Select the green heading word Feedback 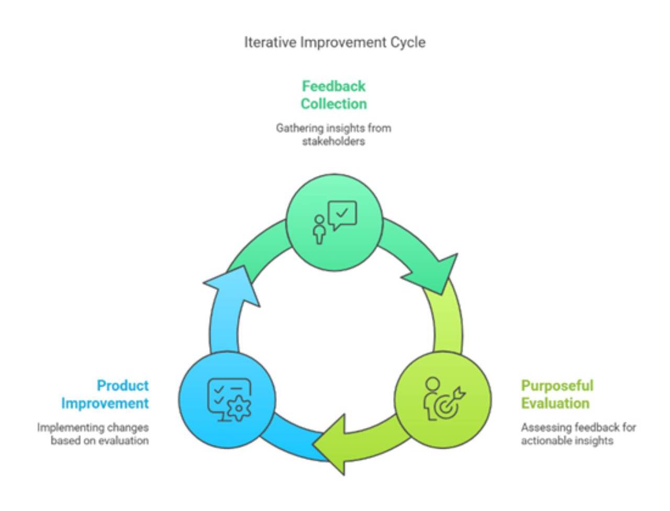[x=333, y=86]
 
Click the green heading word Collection [x=333, y=104]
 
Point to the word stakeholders [x=333, y=141]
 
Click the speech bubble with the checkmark [x=342, y=215]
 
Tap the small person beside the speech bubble [x=319, y=229]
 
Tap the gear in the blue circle [x=239, y=408]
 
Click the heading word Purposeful [x=557, y=386]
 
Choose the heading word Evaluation [x=555, y=403]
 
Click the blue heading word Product [x=122, y=386]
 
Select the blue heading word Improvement [x=105, y=403]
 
